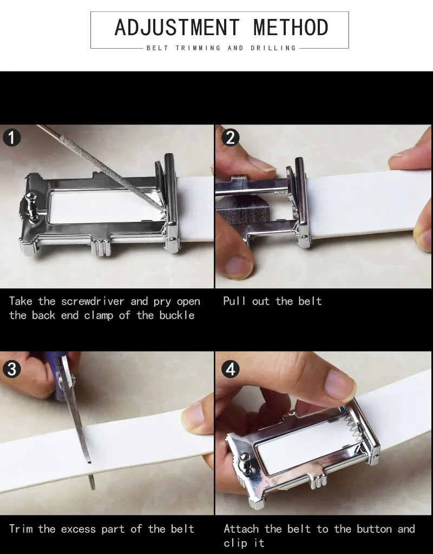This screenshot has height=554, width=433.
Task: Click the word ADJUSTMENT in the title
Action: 178,28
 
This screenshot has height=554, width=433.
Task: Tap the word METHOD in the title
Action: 291,28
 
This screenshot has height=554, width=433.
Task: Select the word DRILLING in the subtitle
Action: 273,48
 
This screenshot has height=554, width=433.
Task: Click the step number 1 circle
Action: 12,137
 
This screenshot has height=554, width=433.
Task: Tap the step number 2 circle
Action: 231,137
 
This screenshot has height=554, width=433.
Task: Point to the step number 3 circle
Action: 12,369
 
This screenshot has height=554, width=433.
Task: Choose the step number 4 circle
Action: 231,369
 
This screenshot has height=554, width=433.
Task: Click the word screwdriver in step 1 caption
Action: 93,301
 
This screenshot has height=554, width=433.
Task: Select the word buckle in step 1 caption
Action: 177,315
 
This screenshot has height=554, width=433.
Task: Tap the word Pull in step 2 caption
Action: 234,301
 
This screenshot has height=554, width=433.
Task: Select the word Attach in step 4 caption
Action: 241,529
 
